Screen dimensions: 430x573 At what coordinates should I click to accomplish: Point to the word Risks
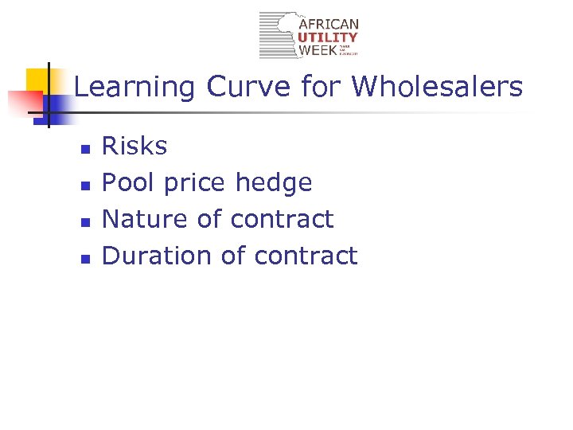click(134, 146)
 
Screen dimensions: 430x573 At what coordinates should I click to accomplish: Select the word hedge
click(274, 182)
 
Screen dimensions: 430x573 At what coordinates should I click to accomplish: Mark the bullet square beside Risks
click(87, 148)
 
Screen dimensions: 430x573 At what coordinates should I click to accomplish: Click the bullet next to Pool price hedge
click(87, 185)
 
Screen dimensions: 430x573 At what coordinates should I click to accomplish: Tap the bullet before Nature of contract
click(87, 221)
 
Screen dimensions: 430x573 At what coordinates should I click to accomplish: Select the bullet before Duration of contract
click(87, 258)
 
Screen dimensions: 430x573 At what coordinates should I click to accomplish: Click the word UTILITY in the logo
click(328, 37)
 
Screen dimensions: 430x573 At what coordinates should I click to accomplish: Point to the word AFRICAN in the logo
click(329, 25)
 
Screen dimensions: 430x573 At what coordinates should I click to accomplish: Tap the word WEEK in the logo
click(317, 50)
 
